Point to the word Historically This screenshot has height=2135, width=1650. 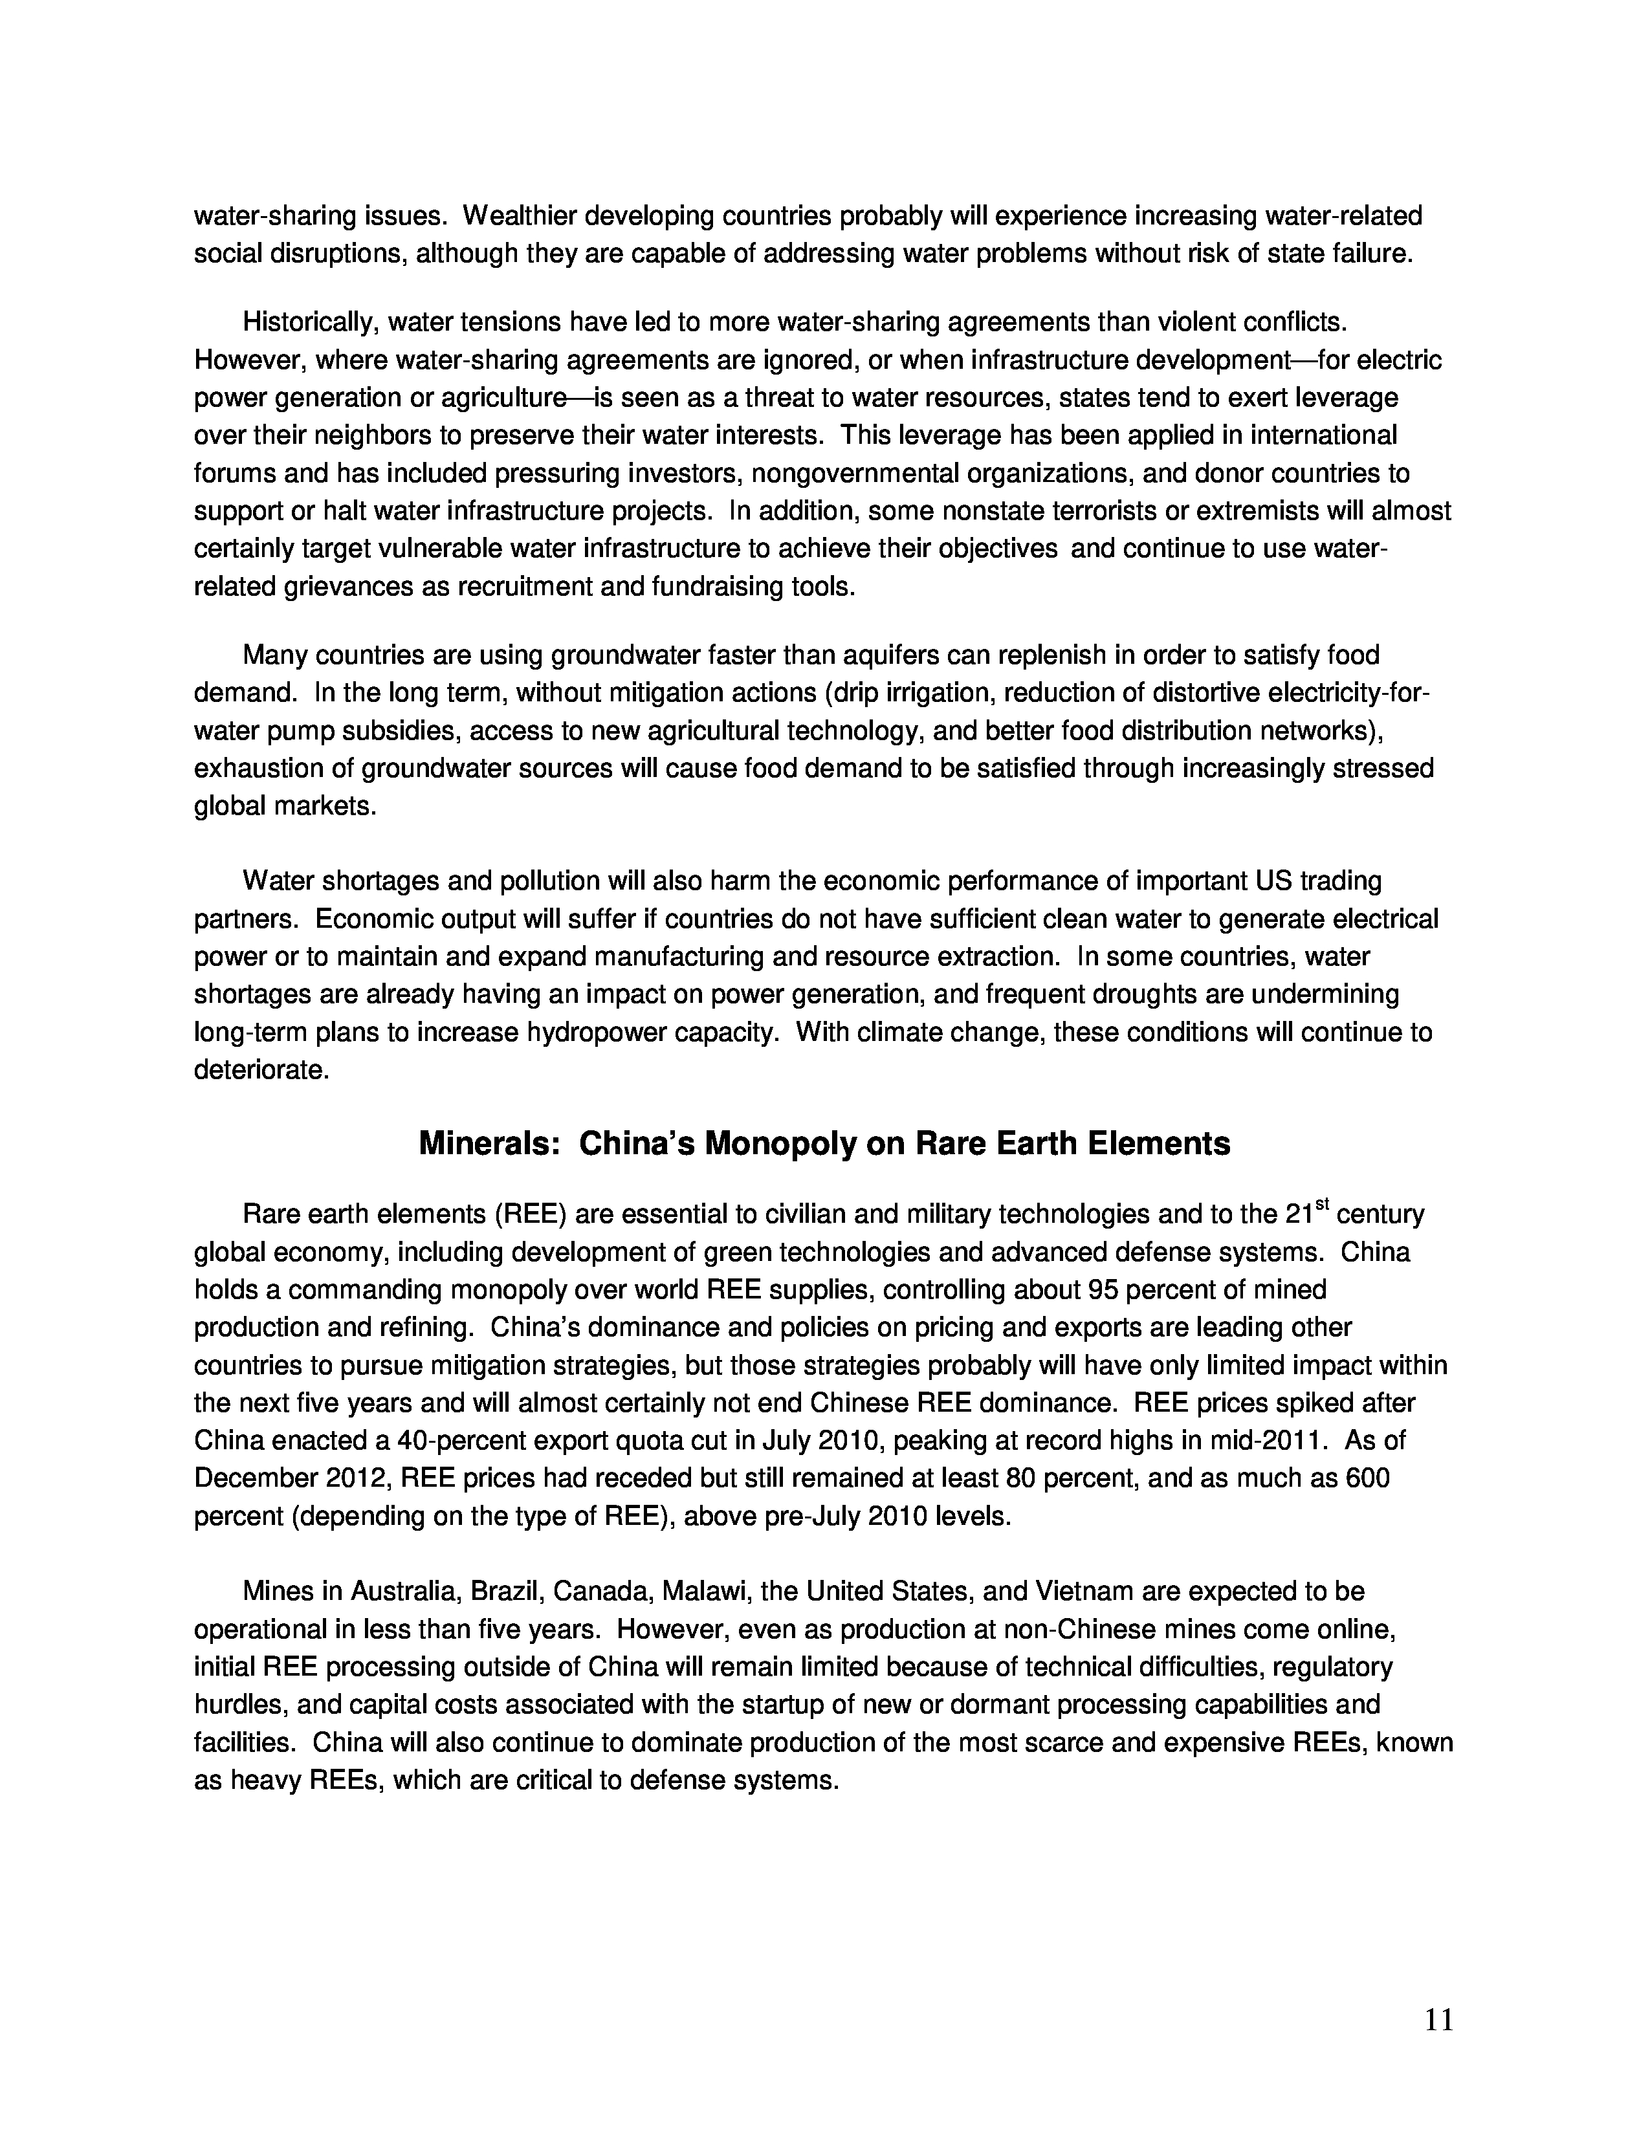[x=304, y=322]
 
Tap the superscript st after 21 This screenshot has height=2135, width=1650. [x=1323, y=1205]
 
